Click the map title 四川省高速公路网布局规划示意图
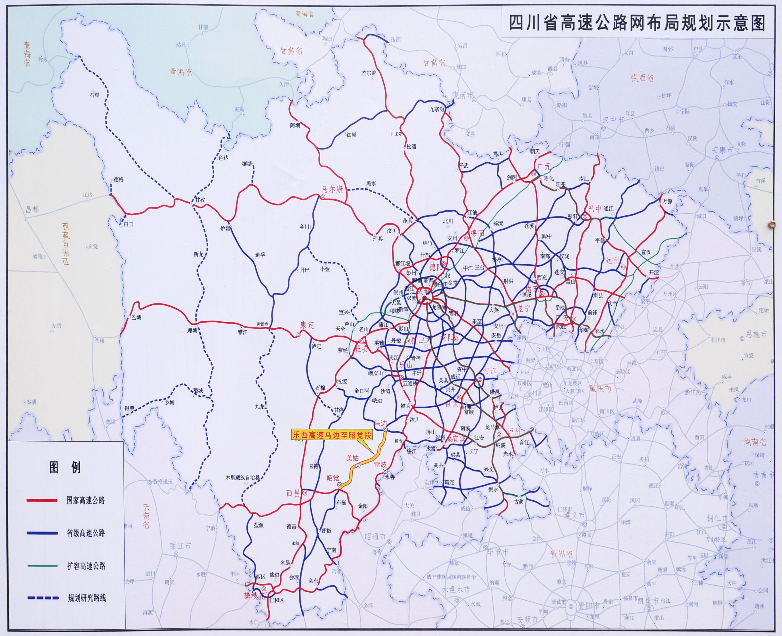637,23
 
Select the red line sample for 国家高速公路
42,500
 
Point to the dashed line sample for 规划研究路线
42,598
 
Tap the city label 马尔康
332,189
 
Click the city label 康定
307,325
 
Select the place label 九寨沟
437,109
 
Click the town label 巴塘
136,318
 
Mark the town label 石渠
95,95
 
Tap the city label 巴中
595,209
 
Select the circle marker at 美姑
358,466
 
